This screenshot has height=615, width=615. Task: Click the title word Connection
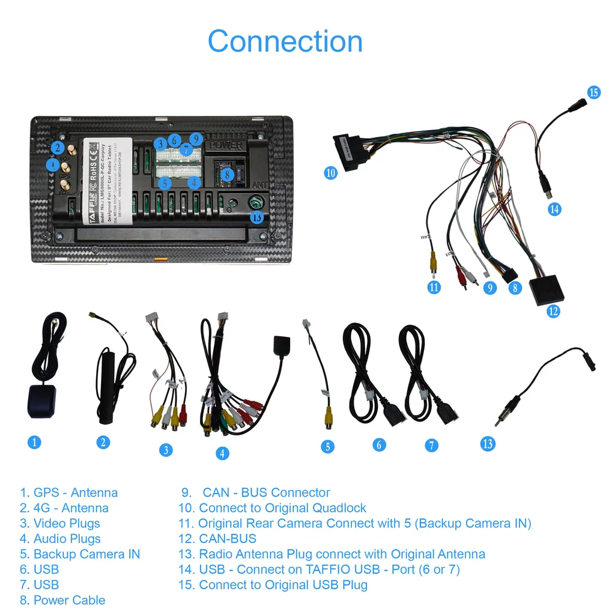[x=285, y=41]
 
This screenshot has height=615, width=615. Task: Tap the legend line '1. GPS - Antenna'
[x=68, y=492]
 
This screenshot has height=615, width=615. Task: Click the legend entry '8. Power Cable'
[x=62, y=600]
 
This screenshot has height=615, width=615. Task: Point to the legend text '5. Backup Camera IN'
[x=80, y=554]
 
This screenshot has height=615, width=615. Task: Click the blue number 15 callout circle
[x=593, y=92]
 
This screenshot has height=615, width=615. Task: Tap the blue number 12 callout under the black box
[x=553, y=311]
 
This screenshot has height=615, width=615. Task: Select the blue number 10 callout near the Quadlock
[x=330, y=173]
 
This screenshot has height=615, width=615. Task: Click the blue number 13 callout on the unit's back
[x=256, y=217]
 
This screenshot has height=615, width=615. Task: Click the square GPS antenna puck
[x=41, y=401]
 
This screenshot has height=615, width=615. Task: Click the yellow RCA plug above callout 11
[x=432, y=262]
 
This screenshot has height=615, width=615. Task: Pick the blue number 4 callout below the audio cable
[x=222, y=453]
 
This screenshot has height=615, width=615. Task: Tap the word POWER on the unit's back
[x=226, y=145]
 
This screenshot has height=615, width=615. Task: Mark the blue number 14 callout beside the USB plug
[x=554, y=209]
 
